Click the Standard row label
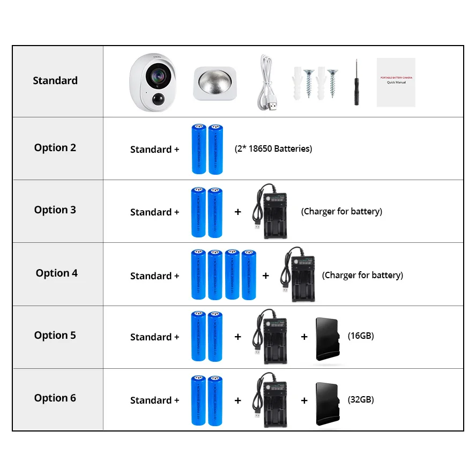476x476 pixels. pos(55,80)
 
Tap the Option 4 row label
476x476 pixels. pos(57,273)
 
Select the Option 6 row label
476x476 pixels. pos(55,398)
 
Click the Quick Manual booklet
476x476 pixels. pos(396,82)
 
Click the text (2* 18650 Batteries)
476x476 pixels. pos(273,148)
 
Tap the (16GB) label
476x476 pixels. pos(361,336)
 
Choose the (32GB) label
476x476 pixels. pos(361,399)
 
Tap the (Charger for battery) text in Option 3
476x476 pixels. pos(341,211)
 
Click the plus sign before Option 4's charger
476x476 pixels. pos(266,276)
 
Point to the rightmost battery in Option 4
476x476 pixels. pos(249,274)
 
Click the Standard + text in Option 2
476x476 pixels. pos(154,150)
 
